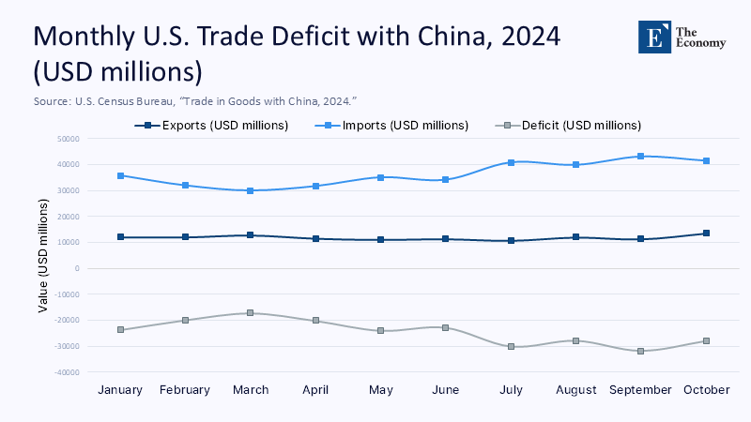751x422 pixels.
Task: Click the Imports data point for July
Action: (x=511, y=162)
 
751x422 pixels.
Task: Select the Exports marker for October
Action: (x=706, y=234)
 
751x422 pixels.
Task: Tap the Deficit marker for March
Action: (x=251, y=313)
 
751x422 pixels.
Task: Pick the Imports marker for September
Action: (x=640, y=156)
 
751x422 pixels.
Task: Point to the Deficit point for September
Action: (x=640, y=351)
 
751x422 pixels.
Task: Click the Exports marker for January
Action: (x=121, y=237)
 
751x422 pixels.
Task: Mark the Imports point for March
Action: (x=251, y=190)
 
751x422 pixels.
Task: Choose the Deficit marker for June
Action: (x=446, y=327)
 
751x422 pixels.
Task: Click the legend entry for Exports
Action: (x=211, y=125)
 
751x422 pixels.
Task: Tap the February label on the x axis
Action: (x=186, y=390)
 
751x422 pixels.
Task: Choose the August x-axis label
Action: (x=575, y=390)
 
